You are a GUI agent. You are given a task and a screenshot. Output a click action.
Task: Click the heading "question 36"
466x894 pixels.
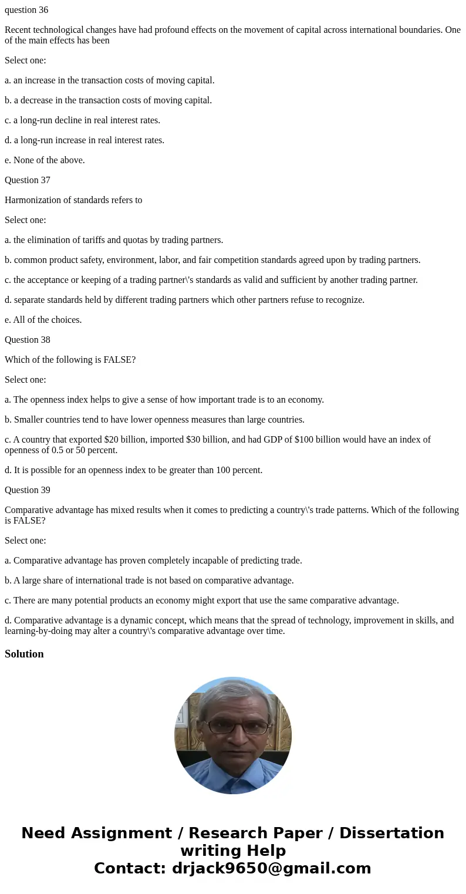26,10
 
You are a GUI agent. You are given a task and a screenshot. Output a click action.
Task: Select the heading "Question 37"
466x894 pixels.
28,180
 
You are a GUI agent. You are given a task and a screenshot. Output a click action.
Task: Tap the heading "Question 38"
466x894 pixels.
28,340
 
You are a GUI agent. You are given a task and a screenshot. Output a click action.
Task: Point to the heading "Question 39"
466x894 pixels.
28,490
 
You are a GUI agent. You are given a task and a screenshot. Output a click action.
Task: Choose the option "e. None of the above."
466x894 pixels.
45,160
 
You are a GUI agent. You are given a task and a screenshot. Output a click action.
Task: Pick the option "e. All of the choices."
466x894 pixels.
43,320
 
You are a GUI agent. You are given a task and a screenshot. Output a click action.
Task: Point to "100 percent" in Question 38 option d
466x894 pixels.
238,470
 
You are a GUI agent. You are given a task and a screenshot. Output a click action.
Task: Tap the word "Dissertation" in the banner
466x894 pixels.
391,834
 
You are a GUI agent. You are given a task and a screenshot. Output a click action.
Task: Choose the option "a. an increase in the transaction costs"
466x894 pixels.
110,80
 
